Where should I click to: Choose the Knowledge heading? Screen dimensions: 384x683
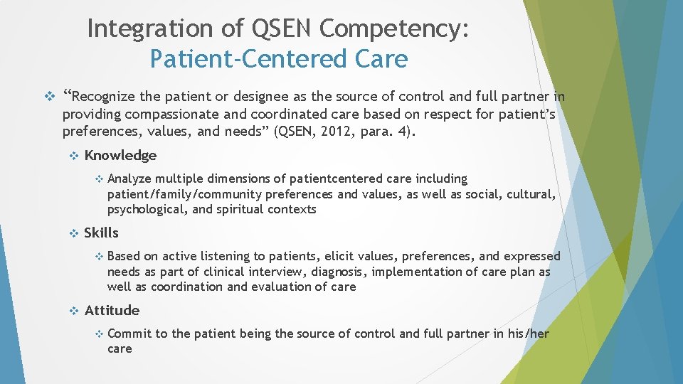pos(120,156)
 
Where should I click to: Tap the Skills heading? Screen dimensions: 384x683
pos(102,233)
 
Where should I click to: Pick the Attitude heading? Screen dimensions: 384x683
pos(112,311)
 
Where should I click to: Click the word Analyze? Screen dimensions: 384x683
pos(129,178)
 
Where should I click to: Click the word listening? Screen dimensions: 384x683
pos(224,256)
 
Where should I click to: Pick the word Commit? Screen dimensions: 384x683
pos(129,334)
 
